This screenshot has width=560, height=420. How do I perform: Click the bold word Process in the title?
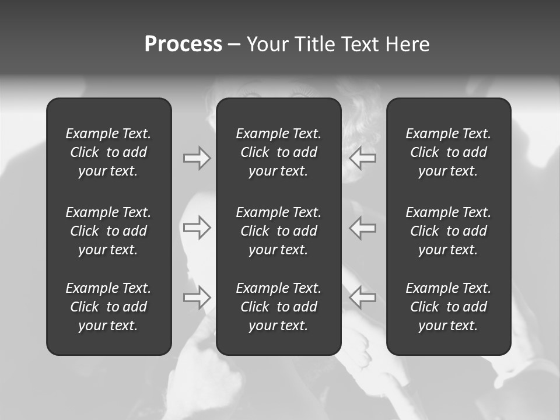[x=183, y=44]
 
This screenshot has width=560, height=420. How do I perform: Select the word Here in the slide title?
[x=407, y=44]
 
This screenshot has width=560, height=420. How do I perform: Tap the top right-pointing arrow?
[x=197, y=158]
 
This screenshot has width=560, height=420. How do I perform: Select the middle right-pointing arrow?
[x=197, y=228]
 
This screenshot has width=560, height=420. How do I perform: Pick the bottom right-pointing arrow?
[x=197, y=297]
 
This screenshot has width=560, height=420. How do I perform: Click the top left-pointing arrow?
[x=362, y=158]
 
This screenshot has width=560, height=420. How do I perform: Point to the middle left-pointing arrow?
[x=362, y=228]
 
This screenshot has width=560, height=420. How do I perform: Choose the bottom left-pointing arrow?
[x=362, y=297]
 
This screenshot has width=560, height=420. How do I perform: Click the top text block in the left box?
[x=108, y=152]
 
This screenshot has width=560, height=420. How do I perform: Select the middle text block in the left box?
[x=108, y=231]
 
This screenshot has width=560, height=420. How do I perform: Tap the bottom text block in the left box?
[x=108, y=307]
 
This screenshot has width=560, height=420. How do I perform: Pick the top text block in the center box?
[x=278, y=152]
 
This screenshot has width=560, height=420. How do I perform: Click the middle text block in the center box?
[x=278, y=231]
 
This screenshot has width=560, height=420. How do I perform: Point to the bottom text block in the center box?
[x=278, y=307]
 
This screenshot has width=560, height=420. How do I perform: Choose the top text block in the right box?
[x=449, y=152]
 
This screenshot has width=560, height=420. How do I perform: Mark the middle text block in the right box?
[x=449, y=231]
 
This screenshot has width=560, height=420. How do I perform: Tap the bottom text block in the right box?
[x=449, y=307]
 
